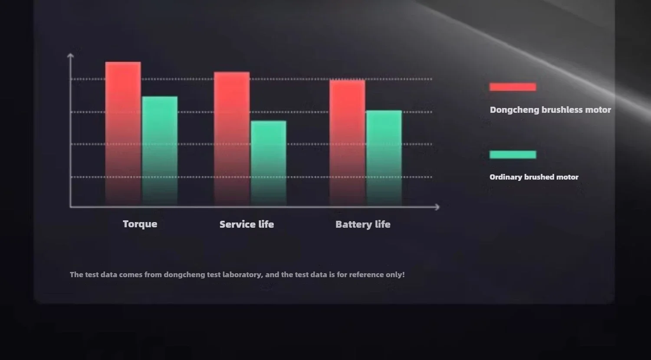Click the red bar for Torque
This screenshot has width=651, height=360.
123,134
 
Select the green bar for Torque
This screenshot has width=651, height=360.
160,151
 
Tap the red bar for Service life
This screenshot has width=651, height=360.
232,139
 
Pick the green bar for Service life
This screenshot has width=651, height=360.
269,163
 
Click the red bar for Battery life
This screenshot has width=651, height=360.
347,143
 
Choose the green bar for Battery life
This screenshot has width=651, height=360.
384,158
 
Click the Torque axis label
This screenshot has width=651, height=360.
140,224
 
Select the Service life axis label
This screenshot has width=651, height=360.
247,224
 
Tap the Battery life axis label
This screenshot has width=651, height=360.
363,224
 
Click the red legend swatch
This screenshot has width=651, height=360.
513,87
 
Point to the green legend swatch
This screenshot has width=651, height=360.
513,154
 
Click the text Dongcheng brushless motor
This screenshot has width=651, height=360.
550,110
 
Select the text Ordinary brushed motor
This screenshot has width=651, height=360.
534,177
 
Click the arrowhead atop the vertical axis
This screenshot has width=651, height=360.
70,55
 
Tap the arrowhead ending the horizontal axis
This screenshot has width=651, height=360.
437,207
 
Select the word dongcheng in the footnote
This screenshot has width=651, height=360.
184,275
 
